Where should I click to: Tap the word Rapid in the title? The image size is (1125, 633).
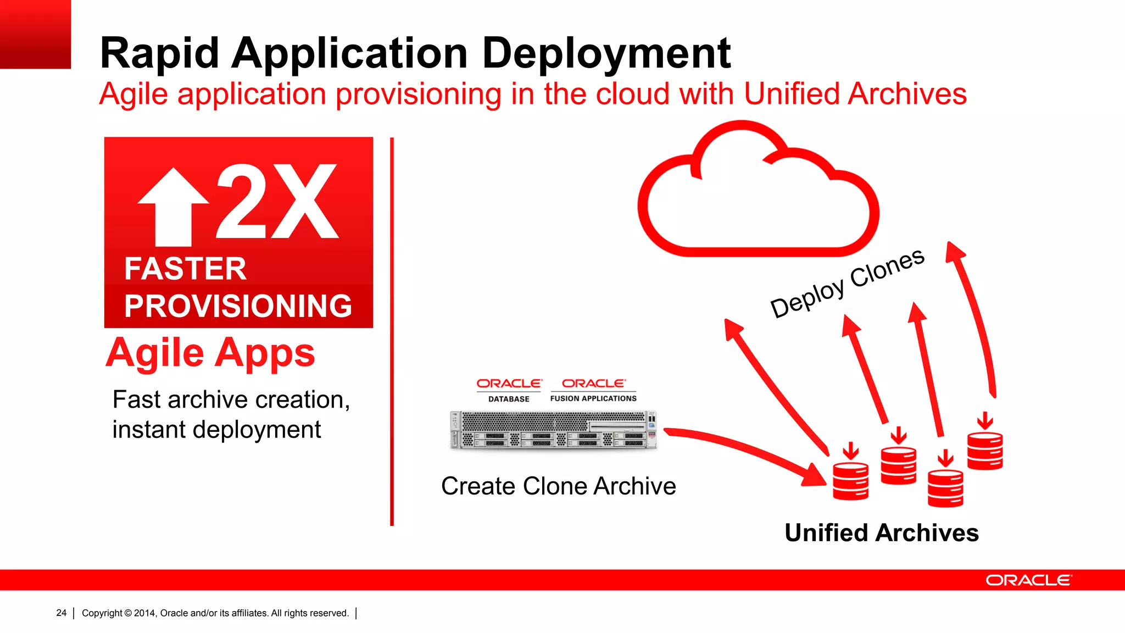coord(159,54)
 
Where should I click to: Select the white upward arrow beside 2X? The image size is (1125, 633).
coord(174,207)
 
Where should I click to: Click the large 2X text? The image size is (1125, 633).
coord(277,202)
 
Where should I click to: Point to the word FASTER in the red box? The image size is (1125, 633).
coord(185,269)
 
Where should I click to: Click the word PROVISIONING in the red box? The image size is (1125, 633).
coord(238,306)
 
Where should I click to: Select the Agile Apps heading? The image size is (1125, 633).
coord(210,353)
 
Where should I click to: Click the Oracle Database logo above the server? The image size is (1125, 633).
coord(509,390)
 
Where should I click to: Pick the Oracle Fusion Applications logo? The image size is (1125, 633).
coord(593,390)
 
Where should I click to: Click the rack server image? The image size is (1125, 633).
coord(553,430)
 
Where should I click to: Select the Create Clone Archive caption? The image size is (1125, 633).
coord(558,486)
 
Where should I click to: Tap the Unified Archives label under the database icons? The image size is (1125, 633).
coord(882,533)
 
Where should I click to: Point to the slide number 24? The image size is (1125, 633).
coord(61,613)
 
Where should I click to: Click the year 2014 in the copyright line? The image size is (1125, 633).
coord(144,613)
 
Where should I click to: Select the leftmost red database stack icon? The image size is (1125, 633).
coord(850,481)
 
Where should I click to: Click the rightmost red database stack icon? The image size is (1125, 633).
coord(985,451)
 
